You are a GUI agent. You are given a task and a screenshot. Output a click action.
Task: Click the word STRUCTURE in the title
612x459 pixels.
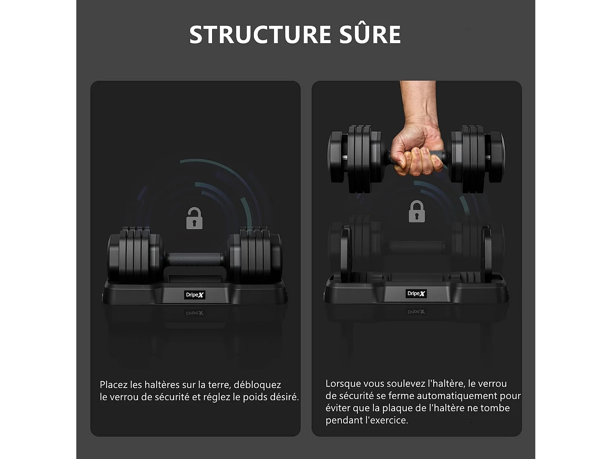click(x=260, y=35)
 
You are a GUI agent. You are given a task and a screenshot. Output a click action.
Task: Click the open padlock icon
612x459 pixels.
click(x=194, y=218)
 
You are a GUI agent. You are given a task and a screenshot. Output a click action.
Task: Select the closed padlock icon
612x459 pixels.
click(x=417, y=212)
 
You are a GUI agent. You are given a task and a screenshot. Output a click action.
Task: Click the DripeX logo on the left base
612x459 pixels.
click(x=195, y=295)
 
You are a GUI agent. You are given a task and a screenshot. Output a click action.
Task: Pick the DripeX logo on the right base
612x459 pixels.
click(x=416, y=293)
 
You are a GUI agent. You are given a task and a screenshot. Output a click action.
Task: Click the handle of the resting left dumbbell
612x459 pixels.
click(x=195, y=259)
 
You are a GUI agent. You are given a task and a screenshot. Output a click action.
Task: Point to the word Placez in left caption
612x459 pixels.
click(x=114, y=385)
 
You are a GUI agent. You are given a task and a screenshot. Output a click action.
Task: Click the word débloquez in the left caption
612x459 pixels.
click(x=257, y=385)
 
